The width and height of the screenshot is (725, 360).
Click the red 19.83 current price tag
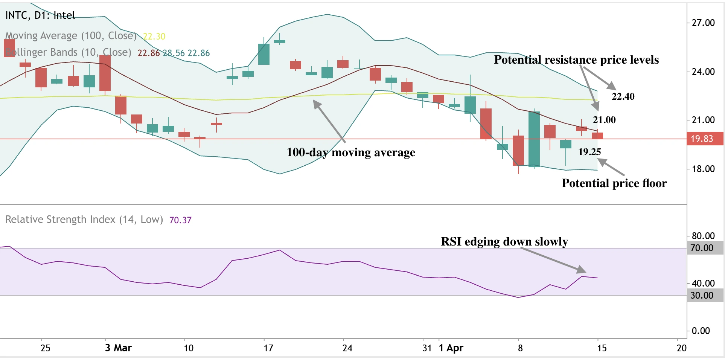click(x=704, y=139)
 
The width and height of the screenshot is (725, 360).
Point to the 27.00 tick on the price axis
click(x=703, y=23)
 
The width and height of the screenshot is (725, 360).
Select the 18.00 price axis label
click(x=703, y=169)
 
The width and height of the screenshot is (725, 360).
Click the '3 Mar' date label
click(x=118, y=348)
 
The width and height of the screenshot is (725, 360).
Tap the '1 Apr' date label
click(x=451, y=348)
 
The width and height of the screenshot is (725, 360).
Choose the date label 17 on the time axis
click(x=268, y=348)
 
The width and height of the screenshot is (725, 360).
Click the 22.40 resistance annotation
click(x=623, y=97)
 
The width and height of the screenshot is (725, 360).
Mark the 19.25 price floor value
click(x=589, y=152)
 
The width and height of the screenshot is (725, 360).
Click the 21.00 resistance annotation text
click(x=604, y=120)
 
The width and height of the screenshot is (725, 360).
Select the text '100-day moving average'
click(x=351, y=153)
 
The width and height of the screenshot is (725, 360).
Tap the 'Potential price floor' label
click(x=614, y=183)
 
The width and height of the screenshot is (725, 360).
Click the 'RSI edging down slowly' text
click(x=504, y=241)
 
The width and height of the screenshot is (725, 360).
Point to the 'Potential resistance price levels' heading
click(x=576, y=60)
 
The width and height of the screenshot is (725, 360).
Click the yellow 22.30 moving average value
click(x=154, y=37)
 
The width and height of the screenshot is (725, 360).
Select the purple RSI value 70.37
click(x=180, y=220)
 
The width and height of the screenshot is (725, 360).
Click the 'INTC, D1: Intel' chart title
click(x=40, y=15)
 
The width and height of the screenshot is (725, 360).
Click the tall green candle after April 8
click(x=534, y=139)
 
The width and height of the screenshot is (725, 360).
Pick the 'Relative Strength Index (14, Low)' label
click(x=84, y=220)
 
